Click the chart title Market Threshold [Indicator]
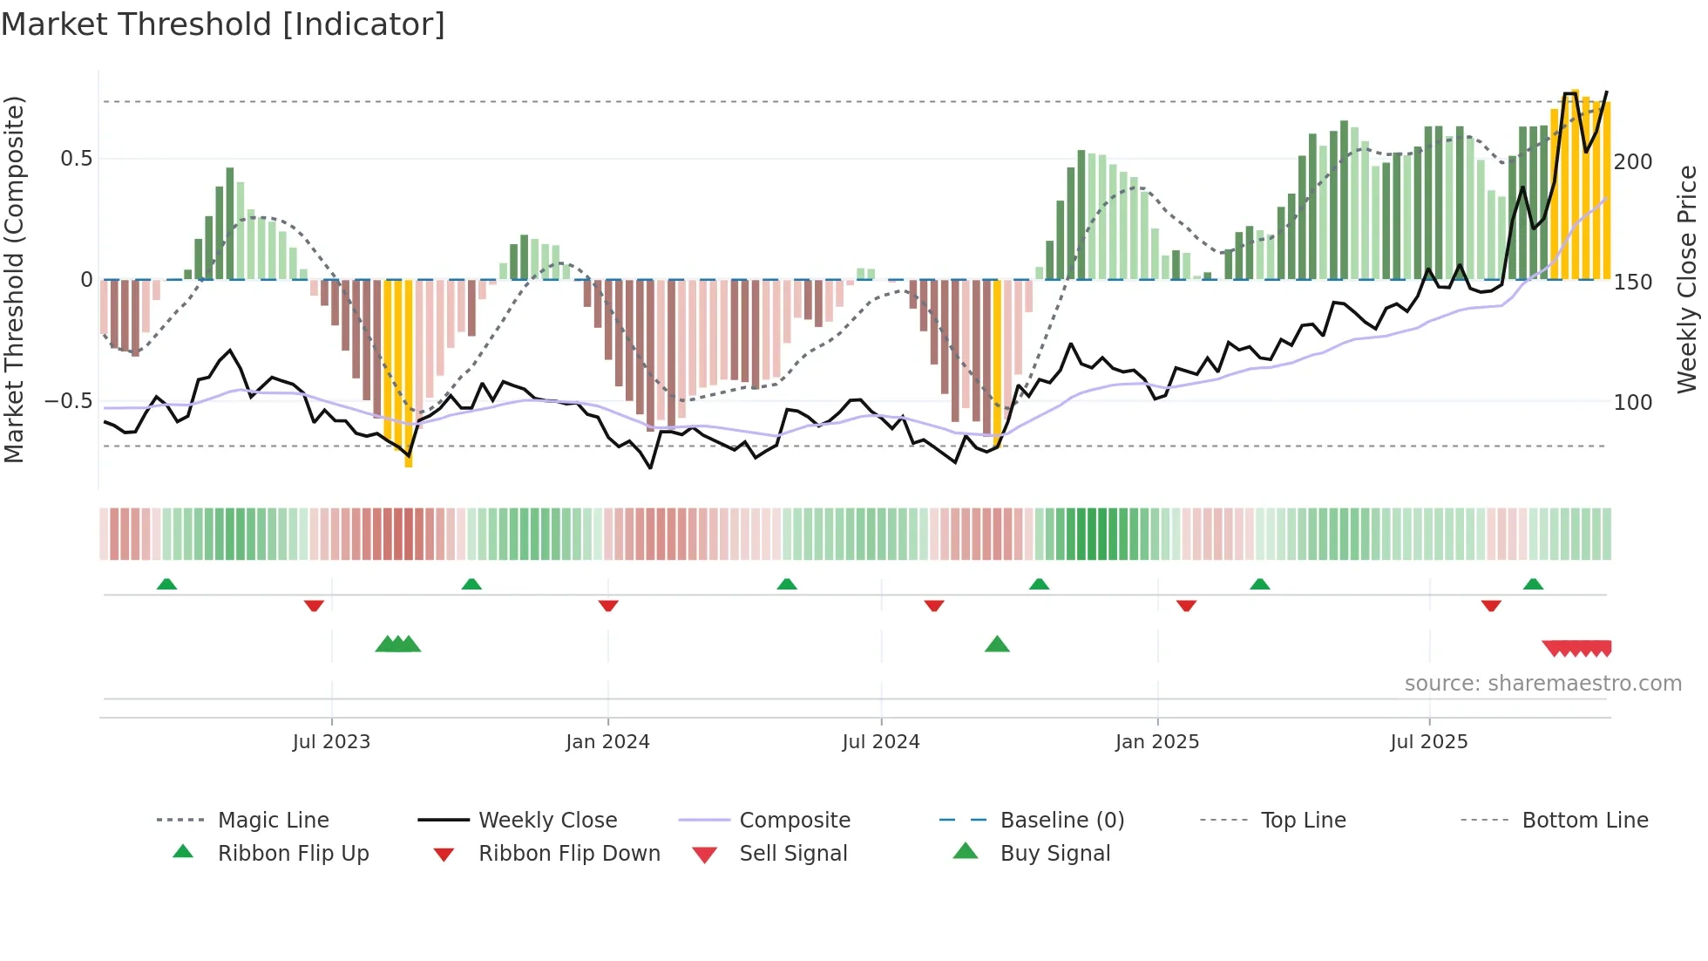(223, 24)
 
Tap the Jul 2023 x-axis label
(331, 742)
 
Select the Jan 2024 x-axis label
(607, 742)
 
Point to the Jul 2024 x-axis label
(880, 742)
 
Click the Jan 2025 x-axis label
(1156, 742)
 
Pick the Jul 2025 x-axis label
(1428, 742)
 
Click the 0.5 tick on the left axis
(76, 159)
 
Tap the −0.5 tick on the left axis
(68, 401)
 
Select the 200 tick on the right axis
(1633, 162)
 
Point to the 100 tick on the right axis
(1633, 403)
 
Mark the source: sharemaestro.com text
(1542, 684)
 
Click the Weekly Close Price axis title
(1687, 279)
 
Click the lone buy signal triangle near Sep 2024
(997, 644)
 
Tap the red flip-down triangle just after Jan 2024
(608, 605)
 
